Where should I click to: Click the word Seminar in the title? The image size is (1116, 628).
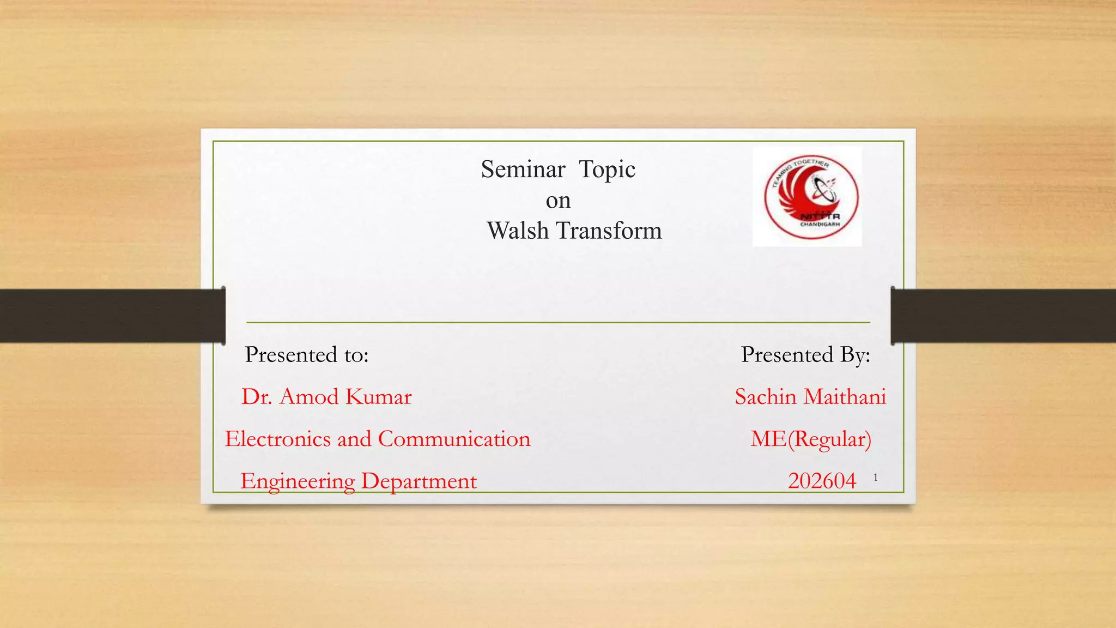click(523, 170)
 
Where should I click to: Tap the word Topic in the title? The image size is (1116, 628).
click(606, 170)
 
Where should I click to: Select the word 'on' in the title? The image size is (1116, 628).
click(558, 201)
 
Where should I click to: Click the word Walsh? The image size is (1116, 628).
click(518, 231)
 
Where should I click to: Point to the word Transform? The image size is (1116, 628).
click(609, 231)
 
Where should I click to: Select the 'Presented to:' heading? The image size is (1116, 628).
click(307, 355)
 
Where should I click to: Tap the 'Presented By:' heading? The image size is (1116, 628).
click(805, 355)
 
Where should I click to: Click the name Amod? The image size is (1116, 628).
click(309, 397)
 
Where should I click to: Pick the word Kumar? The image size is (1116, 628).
click(379, 397)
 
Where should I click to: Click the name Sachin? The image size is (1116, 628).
click(766, 397)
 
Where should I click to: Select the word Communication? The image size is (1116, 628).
click(454, 439)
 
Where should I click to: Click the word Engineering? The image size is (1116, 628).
click(298, 481)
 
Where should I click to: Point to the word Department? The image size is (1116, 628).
click(418, 481)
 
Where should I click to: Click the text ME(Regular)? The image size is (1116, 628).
click(811, 439)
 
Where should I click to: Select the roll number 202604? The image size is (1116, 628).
click(822, 481)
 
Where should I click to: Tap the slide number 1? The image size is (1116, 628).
click(876, 478)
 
